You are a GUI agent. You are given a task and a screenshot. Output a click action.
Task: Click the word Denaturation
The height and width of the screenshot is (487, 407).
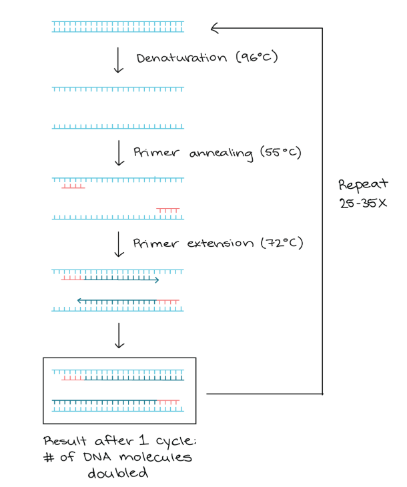tap(181, 58)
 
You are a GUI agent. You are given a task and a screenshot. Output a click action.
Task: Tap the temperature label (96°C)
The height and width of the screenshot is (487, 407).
tap(256, 58)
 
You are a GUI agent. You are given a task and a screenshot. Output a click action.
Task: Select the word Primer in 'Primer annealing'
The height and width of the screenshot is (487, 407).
tap(156, 153)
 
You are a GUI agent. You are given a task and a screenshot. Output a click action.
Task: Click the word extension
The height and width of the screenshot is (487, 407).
tap(220, 243)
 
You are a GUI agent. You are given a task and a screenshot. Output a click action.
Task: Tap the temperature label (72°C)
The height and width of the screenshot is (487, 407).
tap(281, 243)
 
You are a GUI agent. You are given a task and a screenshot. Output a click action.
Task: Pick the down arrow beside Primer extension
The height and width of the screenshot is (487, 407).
tap(119, 244)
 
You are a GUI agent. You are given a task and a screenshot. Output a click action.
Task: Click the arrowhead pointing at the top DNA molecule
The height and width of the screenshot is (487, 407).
tap(215, 28)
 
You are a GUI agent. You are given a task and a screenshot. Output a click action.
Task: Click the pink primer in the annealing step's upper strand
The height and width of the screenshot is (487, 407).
tap(73, 186)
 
